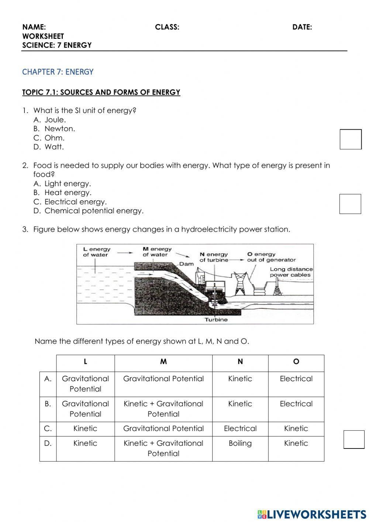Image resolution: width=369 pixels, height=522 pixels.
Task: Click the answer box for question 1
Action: (x=351, y=139)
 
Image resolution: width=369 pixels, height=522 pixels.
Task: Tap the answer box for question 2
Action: (x=350, y=204)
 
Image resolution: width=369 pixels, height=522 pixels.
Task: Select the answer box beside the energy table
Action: (x=354, y=440)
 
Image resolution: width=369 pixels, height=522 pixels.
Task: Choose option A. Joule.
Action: (x=55, y=120)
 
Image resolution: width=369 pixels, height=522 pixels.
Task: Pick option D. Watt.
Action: (x=54, y=147)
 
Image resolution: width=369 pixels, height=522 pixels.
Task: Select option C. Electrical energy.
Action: (x=75, y=202)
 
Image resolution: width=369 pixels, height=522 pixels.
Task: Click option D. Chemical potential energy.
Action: (x=94, y=211)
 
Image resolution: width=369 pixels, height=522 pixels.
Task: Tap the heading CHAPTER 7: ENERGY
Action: (x=58, y=72)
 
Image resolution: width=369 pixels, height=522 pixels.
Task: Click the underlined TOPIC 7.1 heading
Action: (x=101, y=92)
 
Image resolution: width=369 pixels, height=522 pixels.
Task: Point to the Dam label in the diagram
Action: (x=186, y=264)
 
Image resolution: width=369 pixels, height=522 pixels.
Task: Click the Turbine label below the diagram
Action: (x=216, y=320)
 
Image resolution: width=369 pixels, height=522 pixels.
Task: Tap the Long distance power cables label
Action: (x=291, y=272)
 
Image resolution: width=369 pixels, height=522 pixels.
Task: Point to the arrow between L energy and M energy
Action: (x=125, y=253)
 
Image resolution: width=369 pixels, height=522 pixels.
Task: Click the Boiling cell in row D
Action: (x=240, y=443)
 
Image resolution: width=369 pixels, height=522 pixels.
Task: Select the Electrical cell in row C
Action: (x=240, y=429)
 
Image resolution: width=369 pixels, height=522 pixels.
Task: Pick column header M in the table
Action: (x=163, y=362)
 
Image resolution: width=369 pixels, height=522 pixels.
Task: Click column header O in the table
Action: (x=296, y=362)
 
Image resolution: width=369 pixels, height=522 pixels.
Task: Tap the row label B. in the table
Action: (x=48, y=404)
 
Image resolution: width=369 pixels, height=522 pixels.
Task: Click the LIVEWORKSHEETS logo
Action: (x=311, y=514)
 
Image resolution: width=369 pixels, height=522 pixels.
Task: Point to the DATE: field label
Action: (x=302, y=27)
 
